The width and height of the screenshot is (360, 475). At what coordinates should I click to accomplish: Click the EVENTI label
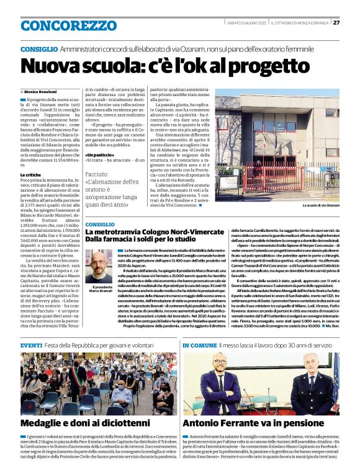point(32,345)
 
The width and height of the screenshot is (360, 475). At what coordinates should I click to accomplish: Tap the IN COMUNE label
point(199,345)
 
